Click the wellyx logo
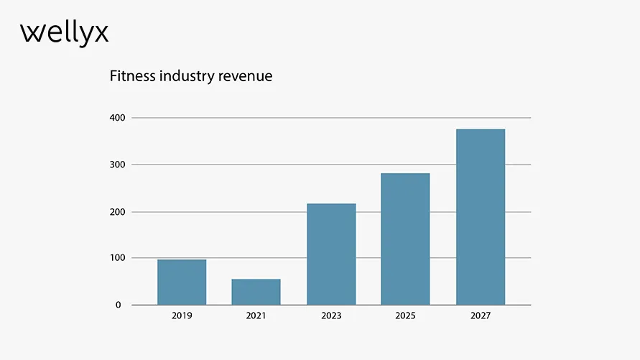(65, 33)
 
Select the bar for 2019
(182, 282)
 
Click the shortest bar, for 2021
(256, 292)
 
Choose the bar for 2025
(405, 239)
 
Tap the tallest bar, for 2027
(481, 216)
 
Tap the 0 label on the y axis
(119, 305)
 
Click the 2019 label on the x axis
(182, 316)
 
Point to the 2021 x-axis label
(256, 316)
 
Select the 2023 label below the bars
(331, 316)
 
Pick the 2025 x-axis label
(405, 316)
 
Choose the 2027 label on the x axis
(481, 316)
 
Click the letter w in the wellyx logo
(31, 33)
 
